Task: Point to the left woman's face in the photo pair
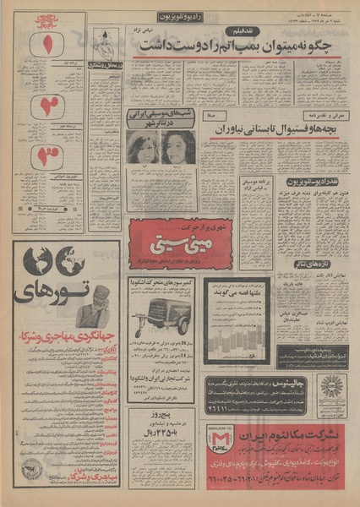pos(140,146)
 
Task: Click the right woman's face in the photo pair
pos(178,146)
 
